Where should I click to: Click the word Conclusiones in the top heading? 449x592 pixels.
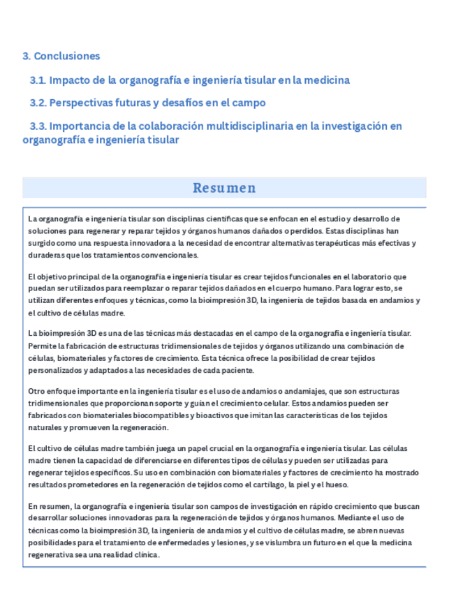[x=67, y=56]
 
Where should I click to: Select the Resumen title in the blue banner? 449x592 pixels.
[x=224, y=188]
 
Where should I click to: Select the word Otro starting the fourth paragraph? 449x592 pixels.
[x=36, y=392]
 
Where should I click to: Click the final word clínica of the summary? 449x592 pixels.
[x=146, y=555]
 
